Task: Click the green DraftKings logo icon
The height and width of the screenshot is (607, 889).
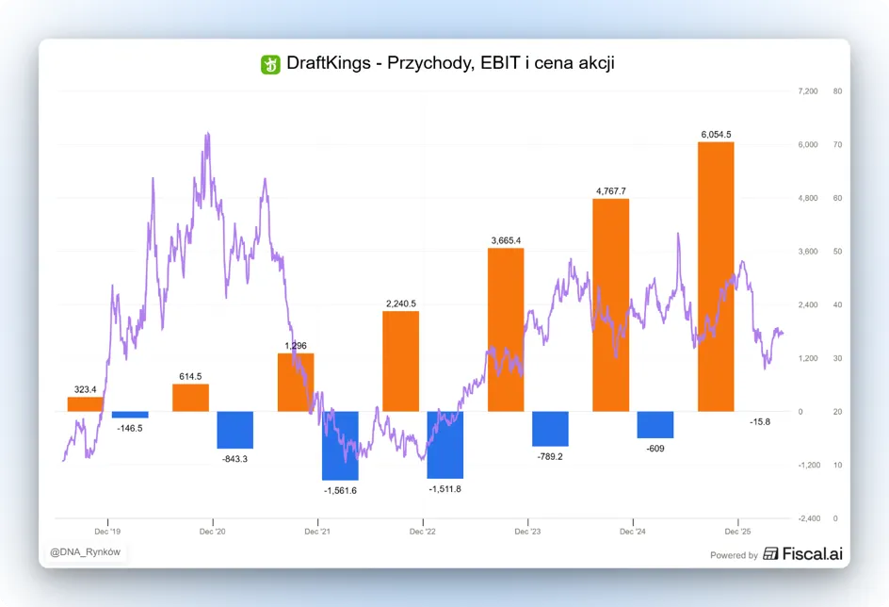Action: point(270,64)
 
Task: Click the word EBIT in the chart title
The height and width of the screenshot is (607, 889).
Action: point(500,62)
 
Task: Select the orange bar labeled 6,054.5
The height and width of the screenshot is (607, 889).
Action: point(716,277)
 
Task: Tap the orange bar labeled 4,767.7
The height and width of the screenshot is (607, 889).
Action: point(610,305)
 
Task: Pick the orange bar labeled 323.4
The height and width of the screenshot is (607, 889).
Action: point(85,404)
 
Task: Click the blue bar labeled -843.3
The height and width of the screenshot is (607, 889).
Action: point(235,430)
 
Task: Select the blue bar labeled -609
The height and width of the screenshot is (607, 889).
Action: point(655,425)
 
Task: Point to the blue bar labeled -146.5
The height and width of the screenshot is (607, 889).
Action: point(130,415)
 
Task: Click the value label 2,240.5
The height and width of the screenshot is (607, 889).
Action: point(401,303)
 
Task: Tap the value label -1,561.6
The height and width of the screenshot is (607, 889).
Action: point(340,491)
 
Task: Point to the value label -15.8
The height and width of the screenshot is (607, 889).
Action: point(760,422)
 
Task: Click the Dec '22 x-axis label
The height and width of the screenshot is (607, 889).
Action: point(423,532)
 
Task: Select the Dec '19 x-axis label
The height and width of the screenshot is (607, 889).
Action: point(107,532)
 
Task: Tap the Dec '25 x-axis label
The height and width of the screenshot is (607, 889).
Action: point(737,532)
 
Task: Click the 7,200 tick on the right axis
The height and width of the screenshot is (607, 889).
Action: point(808,91)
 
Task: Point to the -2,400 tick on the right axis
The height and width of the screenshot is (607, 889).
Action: point(809,518)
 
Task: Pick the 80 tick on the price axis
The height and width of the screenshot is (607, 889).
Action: point(837,91)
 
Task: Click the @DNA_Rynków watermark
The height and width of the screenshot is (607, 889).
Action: point(85,552)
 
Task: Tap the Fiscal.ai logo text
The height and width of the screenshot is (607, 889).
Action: point(812,553)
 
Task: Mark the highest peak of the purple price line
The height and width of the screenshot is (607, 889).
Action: point(208,134)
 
